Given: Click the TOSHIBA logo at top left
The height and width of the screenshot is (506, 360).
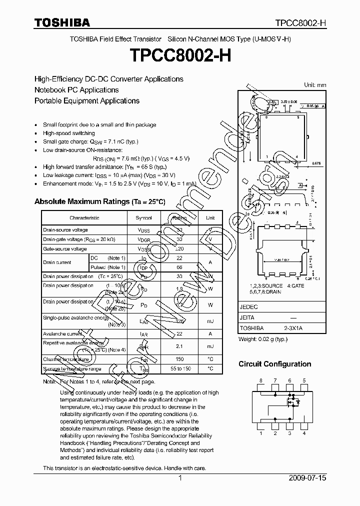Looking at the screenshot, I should click(62, 22).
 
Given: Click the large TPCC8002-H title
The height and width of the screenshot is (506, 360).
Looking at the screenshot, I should click(179, 55).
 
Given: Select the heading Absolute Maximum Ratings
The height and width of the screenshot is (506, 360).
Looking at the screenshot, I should click(99, 201).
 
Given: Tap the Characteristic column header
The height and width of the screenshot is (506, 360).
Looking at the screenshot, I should click(84, 218).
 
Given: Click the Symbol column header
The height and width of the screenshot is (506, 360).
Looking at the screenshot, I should click(144, 218).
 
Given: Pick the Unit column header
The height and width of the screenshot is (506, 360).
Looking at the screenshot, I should click(210, 218).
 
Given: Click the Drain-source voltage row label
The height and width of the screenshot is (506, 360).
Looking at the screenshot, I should click(65, 230).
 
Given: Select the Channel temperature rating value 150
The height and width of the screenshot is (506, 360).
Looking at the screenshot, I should click(179, 359).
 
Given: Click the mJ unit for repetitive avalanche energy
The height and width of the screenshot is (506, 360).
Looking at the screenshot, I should click(210, 346).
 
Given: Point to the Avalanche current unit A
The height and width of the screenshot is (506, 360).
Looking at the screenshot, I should click(210, 333).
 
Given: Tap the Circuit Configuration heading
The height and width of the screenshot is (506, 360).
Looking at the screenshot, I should click(274, 364).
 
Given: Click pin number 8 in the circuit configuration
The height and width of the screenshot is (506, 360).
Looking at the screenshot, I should click(260, 381).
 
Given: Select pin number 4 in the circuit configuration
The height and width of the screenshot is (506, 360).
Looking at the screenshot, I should click(304, 433).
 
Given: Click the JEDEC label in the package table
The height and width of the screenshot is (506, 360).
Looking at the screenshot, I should click(248, 307).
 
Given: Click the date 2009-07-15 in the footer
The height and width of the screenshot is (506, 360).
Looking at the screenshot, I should click(307, 478).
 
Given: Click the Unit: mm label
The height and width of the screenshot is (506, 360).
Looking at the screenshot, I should click(315, 85).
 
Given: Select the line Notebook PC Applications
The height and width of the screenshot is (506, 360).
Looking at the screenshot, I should click(76, 90).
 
